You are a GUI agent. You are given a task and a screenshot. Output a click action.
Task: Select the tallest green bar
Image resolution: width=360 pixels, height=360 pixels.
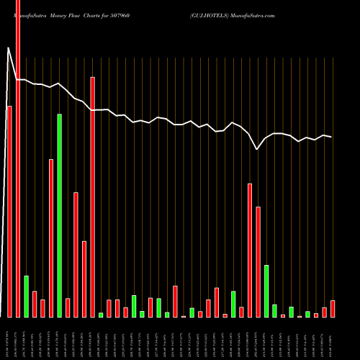[x=59, y=216]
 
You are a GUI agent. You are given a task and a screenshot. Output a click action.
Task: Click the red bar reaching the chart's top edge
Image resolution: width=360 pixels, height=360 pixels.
[x=18, y=158]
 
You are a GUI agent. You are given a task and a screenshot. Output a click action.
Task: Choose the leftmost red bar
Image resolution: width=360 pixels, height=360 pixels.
[x=9, y=212]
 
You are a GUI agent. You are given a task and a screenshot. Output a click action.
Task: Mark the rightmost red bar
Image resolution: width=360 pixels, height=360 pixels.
[x=333, y=309]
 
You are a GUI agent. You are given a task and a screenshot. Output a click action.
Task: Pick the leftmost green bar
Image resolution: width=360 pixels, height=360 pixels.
[x=26, y=297]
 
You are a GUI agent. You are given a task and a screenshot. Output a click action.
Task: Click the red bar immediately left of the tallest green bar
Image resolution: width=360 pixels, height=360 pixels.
[x=51, y=238]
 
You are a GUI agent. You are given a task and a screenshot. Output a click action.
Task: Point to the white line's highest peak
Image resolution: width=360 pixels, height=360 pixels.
[x=8, y=48]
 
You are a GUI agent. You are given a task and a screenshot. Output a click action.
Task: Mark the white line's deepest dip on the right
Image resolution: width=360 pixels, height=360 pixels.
[x=258, y=149]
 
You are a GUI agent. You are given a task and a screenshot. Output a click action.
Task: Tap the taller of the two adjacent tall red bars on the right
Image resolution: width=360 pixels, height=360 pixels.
[x=250, y=251]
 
